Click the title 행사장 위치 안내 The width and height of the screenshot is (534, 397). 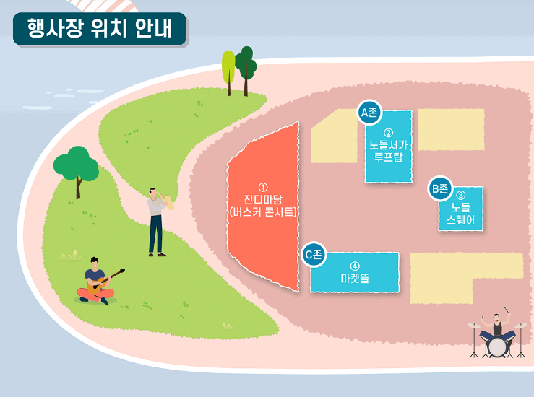click(99, 29)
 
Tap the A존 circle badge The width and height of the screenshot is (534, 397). click(369, 113)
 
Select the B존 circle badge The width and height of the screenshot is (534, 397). click(439, 189)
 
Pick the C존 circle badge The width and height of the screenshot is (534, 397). click(313, 254)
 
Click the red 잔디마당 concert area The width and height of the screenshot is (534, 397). click(263, 206)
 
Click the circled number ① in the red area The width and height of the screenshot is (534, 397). click(263, 186)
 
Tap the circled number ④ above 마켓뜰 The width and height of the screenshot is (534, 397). click(355, 264)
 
